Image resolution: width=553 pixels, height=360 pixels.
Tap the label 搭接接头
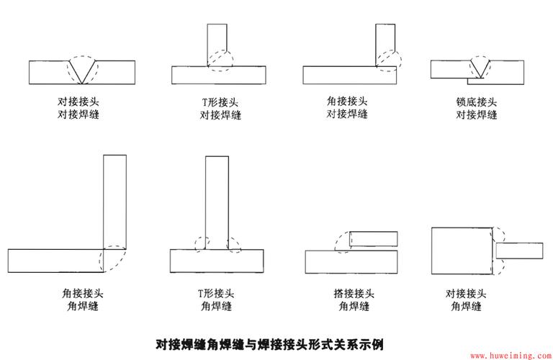(354, 293)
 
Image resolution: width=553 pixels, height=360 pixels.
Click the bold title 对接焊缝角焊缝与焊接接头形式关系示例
(276, 343)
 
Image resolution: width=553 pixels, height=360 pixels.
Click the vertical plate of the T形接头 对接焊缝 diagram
(217, 43)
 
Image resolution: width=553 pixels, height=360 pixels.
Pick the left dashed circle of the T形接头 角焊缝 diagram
(201, 243)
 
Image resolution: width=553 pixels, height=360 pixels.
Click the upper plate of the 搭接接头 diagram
(372, 239)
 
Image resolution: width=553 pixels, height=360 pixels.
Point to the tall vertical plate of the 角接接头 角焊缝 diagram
(114, 202)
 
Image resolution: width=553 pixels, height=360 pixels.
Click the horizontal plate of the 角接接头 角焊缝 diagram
(55, 260)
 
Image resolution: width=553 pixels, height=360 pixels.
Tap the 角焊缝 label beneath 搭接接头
(354, 306)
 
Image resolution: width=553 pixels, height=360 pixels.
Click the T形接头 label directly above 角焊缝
(216, 293)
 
